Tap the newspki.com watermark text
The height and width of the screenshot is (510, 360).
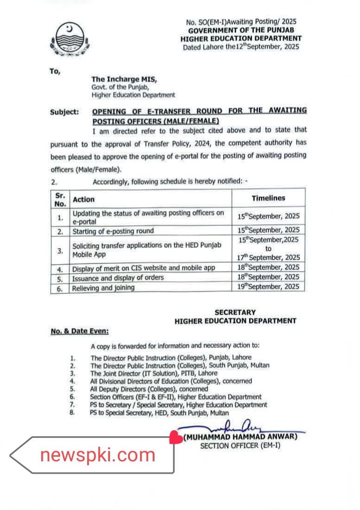point(97,455)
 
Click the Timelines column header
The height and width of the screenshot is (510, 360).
point(268,198)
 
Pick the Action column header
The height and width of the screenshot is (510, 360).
point(84,199)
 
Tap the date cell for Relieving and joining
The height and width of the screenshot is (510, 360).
point(269,287)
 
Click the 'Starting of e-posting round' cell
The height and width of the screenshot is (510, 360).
point(113,231)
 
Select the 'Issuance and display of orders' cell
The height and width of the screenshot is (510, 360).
point(117,278)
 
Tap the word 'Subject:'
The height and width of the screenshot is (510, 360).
point(64,112)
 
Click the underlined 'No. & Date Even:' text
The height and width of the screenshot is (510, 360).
point(80,331)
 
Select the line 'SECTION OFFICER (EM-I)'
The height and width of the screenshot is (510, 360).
point(240,446)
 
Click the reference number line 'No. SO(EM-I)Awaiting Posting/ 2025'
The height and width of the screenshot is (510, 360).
point(241,22)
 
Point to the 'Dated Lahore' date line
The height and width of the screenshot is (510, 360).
point(241,47)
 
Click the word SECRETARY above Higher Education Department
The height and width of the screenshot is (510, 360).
point(235,312)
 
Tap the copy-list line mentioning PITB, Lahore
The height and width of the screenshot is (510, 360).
point(154,373)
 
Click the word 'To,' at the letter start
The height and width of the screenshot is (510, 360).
point(55,71)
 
